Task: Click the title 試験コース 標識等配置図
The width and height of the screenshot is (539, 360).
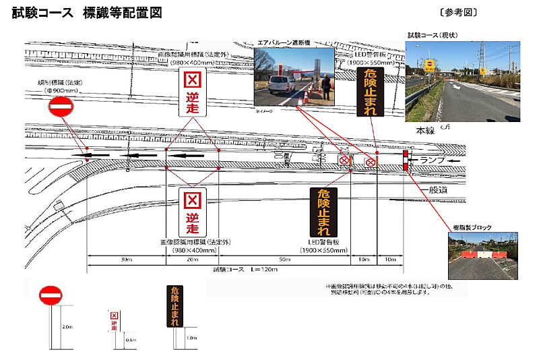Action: (x=88, y=13)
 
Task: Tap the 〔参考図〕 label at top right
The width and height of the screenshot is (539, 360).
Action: (x=458, y=13)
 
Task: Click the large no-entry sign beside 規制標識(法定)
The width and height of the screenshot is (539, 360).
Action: (x=61, y=107)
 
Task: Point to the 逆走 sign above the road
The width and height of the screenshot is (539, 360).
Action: (x=192, y=93)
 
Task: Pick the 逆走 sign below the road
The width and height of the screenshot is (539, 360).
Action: (x=193, y=210)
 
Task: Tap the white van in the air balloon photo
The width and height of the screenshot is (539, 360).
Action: (x=282, y=86)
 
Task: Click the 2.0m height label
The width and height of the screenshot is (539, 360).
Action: (x=67, y=326)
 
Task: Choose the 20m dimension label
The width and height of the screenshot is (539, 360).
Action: (x=192, y=260)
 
